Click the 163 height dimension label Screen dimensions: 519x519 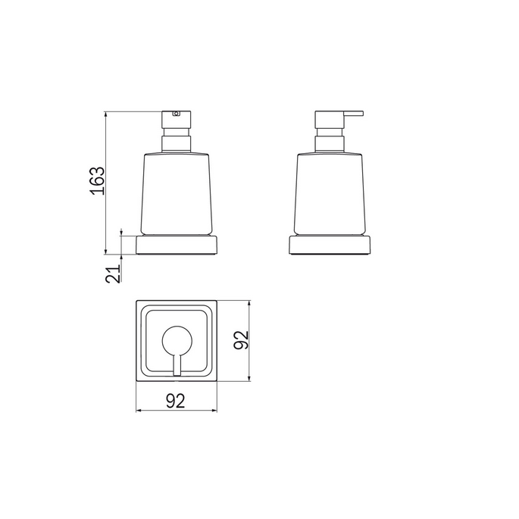click(x=95, y=181)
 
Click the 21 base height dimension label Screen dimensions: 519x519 click(x=114, y=274)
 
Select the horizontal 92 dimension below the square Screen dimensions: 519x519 click(x=176, y=402)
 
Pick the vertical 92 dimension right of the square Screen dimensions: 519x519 click(x=241, y=339)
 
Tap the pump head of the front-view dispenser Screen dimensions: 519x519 click(x=177, y=122)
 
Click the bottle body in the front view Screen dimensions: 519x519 click(x=177, y=193)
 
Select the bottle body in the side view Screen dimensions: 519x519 click(x=328, y=193)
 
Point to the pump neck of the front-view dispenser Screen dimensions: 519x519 click(x=177, y=142)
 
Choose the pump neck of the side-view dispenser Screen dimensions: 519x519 click(x=328, y=142)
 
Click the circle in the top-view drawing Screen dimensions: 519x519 click(x=177, y=342)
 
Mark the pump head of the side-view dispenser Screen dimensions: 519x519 click(x=328, y=122)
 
